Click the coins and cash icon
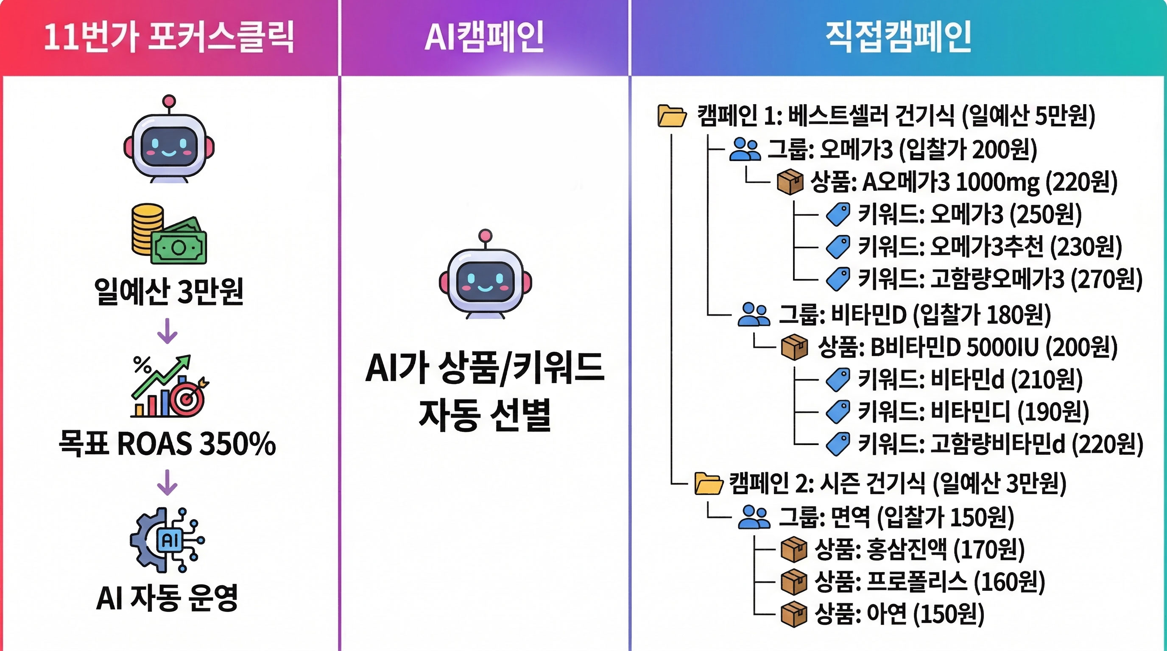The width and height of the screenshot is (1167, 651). coord(169,234)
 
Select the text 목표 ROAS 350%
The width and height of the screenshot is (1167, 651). coord(167,443)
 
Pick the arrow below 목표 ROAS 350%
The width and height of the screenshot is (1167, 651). coord(167,483)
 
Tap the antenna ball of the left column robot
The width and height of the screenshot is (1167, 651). coord(169,100)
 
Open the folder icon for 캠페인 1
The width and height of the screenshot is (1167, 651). coord(672,115)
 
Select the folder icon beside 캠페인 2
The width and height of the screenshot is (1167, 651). coord(709,484)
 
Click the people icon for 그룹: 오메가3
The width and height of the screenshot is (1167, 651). coord(745,149)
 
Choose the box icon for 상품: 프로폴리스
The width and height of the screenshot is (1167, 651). coord(794,582)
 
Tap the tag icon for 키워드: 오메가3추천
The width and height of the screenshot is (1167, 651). coord(838,247)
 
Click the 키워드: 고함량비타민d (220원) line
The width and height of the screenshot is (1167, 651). coord(1000,444)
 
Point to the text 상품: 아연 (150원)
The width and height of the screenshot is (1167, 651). coord(899,614)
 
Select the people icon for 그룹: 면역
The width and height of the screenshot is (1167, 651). coord(754,517)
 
